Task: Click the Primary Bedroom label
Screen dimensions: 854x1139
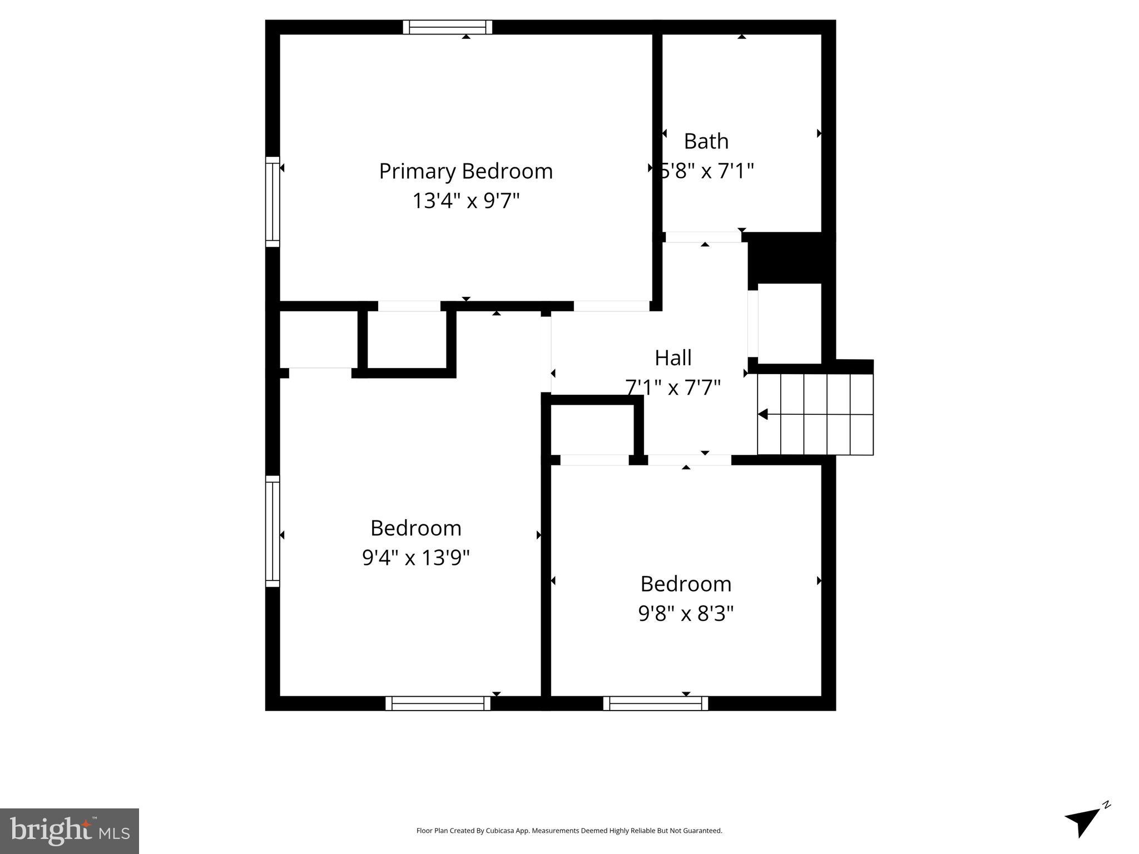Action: (x=465, y=171)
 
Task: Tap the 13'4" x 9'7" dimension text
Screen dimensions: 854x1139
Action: (x=465, y=201)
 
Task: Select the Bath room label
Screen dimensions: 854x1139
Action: (x=706, y=141)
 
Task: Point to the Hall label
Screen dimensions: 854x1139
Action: (x=673, y=358)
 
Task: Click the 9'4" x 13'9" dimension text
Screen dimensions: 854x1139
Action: (x=415, y=557)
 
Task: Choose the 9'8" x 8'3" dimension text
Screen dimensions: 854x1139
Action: (x=686, y=614)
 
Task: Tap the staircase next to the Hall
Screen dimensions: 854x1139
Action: (x=815, y=414)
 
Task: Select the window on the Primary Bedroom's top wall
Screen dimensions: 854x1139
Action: (x=447, y=27)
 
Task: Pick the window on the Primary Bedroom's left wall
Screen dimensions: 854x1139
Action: (x=273, y=202)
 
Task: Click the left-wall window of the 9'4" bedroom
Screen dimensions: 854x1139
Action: (x=273, y=531)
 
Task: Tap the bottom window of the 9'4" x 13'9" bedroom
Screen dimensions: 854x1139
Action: (x=438, y=703)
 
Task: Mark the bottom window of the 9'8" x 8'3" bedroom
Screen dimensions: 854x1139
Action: (x=656, y=703)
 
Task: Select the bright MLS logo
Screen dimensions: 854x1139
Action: (x=70, y=831)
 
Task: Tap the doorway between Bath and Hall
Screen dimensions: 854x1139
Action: (x=703, y=237)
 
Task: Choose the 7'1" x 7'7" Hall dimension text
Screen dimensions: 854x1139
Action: (x=673, y=388)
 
